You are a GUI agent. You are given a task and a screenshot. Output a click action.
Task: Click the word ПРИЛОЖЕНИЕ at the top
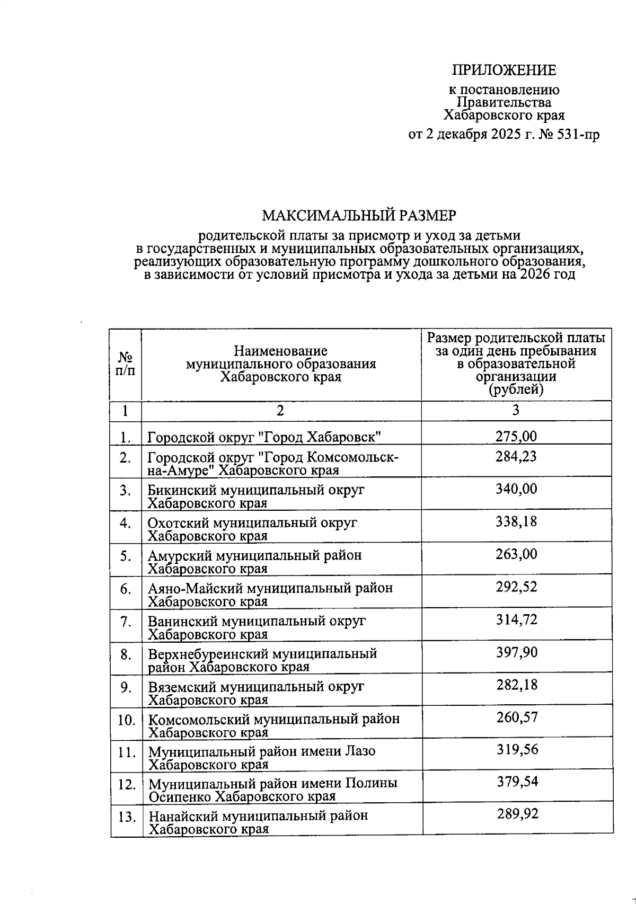(x=503, y=70)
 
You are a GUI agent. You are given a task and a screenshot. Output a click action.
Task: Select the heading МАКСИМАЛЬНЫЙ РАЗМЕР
(x=359, y=216)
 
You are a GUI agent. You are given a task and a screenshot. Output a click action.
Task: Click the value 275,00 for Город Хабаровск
(x=516, y=437)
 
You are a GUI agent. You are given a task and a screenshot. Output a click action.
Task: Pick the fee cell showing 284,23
(x=516, y=457)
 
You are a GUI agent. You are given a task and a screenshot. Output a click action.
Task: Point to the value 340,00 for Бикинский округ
(x=516, y=489)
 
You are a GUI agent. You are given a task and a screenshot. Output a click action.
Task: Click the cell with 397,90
(x=517, y=653)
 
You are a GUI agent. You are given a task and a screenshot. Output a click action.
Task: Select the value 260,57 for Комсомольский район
(x=517, y=718)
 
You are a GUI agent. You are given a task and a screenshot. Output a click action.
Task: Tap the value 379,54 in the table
(x=517, y=782)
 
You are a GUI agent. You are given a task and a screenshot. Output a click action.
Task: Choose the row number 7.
(x=126, y=622)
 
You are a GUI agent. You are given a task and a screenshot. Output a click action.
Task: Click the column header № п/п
(x=125, y=364)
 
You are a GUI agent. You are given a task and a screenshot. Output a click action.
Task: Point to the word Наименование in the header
(x=280, y=351)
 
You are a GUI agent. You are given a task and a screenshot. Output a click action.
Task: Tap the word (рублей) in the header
(x=516, y=391)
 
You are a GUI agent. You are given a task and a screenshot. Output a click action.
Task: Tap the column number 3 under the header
(x=516, y=411)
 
